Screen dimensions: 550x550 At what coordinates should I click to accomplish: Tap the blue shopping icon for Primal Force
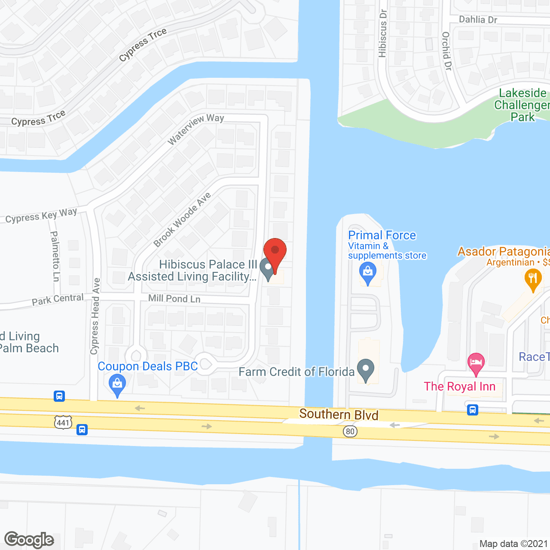point(367,273)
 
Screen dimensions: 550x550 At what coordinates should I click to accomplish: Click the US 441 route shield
point(63,422)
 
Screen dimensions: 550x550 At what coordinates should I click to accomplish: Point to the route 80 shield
point(350,431)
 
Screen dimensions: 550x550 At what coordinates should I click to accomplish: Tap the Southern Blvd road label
point(339,415)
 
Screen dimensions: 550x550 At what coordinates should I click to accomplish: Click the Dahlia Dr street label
point(478,19)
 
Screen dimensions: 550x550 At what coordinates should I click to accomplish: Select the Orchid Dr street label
point(447,51)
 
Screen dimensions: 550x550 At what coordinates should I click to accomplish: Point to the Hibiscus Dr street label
point(382,34)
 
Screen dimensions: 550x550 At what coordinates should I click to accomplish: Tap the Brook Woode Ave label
point(182,219)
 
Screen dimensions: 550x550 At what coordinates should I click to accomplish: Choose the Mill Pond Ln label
point(174,298)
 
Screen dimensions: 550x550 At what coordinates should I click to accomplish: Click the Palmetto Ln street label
point(55,256)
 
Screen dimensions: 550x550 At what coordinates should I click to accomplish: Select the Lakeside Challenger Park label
point(522,105)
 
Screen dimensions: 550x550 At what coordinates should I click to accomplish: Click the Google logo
point(29,540)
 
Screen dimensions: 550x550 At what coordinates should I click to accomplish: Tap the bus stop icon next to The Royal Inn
point(473,410)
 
